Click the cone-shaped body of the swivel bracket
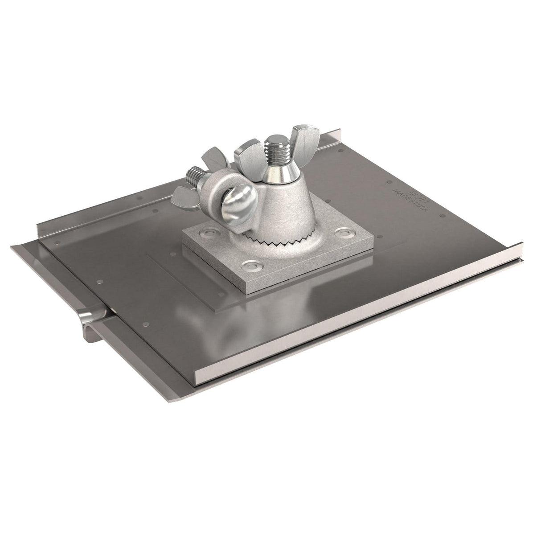[x=276, y=205]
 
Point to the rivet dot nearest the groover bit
[x=100, y=283]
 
